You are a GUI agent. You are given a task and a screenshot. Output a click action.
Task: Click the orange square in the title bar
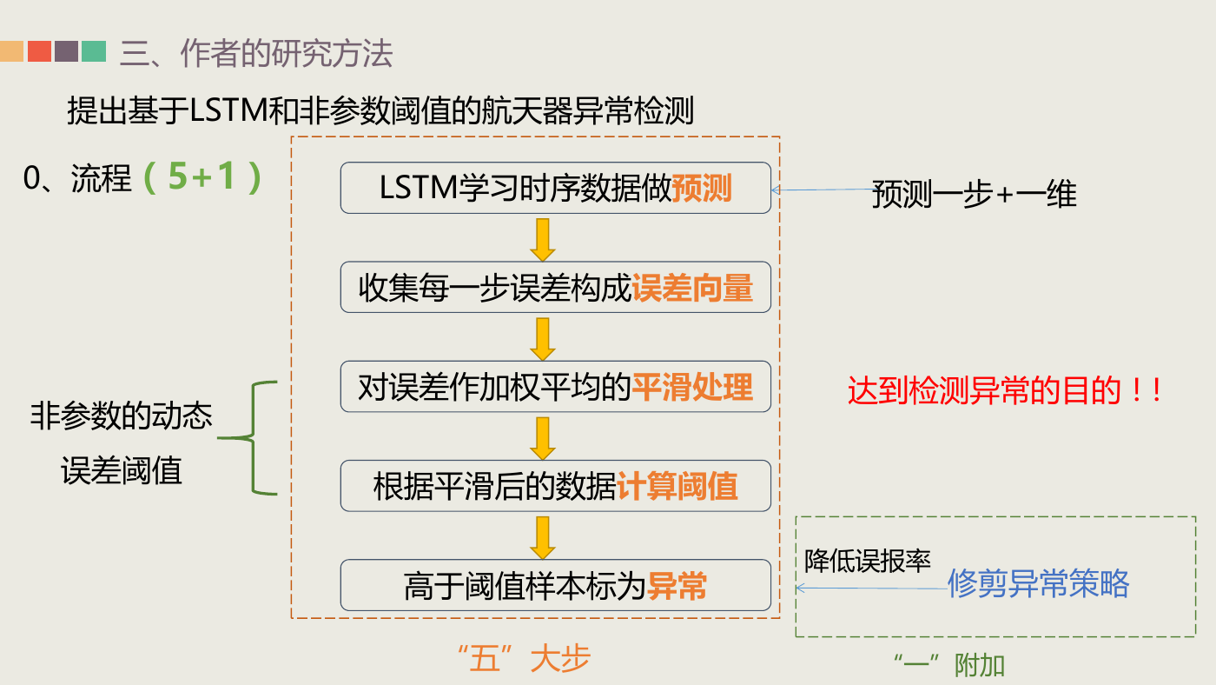(x=11, y=51)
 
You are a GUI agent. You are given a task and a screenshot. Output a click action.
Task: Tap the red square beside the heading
(x=39, y=51)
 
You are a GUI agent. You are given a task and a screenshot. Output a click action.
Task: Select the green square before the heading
(x=94, y=51)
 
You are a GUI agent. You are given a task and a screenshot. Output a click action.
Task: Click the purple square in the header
(x=66, y=51)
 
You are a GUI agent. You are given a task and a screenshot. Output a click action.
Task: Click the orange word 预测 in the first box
(x=702, y=188)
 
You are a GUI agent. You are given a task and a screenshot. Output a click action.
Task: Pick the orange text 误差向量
(x=692, y=288)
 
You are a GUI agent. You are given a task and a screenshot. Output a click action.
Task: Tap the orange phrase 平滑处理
(x=692, y=387)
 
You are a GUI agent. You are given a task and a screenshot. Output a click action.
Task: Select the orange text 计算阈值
(x=677, y=486)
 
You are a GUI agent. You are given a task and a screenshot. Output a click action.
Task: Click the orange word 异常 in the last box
(x=677, y=586)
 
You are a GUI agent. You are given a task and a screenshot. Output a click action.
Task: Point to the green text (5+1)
(x=202, y=177)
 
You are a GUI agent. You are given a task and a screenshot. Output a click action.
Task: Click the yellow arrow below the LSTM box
(x=542, y=240)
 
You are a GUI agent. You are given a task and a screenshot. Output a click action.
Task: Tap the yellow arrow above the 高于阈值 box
(x=542, y=538)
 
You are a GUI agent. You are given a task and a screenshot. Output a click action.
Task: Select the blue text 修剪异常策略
(x=1039, y=584)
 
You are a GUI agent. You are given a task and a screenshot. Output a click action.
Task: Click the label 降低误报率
(x=868, y=561)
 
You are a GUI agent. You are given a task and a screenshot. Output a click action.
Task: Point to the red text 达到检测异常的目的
(x=983, y=390)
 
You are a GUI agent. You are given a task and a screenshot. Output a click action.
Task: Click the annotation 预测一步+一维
(x=975, y=194)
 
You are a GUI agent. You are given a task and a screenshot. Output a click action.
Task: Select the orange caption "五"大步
(x=524, y=658)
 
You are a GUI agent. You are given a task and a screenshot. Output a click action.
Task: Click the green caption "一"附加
(x=949, y=665)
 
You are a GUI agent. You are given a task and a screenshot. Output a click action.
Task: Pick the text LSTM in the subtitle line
(x=228, y=110)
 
